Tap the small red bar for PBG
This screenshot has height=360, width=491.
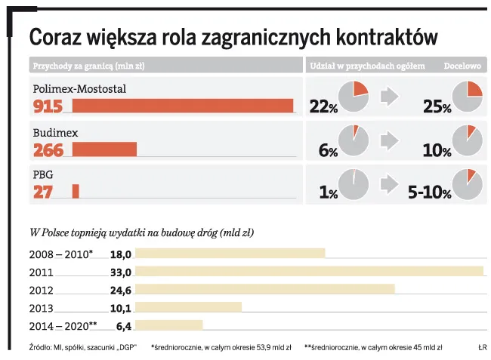click(76, 192)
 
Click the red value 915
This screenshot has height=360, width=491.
click(48, 106)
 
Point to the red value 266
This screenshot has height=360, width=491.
click(48, 150)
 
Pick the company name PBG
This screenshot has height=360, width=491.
click(42, 175)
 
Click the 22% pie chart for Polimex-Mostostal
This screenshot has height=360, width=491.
click(353, 96)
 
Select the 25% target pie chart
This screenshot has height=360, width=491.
click(466, 96)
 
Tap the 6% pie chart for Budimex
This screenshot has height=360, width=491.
click(353, 140)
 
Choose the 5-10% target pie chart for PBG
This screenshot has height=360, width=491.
click(466, 183)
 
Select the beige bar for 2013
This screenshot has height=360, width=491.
click(188, 307)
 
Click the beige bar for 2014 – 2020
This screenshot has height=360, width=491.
click(168, 325)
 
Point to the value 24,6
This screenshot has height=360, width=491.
click(121, 290)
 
